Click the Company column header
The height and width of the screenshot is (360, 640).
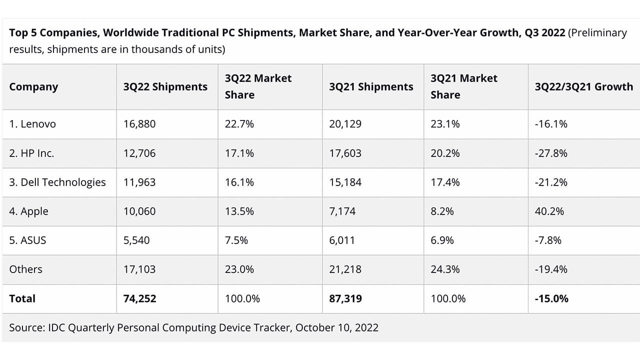[x=33, y=86]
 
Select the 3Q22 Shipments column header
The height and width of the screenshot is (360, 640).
[x=165, y=86]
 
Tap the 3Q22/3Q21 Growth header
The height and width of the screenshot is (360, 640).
[x=583, y=86]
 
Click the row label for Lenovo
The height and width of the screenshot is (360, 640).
[x=32, y=124]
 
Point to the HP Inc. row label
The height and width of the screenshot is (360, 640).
[x=31, y=153]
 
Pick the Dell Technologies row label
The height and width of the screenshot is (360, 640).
[x=57, y=182]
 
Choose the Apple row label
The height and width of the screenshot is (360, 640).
[x=29, y=211]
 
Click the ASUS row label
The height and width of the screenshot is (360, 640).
[x=27, y=240]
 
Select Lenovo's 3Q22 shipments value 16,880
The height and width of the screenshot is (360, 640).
[x=139, y=124]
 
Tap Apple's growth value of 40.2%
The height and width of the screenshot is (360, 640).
[x=549, y=211]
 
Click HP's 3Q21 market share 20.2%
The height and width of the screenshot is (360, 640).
[x=445, y=153]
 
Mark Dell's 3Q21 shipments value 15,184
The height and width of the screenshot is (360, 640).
[x=345, y=182]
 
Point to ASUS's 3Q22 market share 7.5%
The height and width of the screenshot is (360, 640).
[x=236, y=240]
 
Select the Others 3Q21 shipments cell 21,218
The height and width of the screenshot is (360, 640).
[x=345, y=269]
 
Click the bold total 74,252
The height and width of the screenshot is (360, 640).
[x=139, y=298]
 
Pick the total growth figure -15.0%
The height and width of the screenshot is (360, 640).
[x=551, y=298]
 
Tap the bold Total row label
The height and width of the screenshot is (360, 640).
[x=22, y=298]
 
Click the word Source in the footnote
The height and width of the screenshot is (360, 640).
[x=26, y=327]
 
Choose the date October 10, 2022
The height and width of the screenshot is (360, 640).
[x=336, y=327]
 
